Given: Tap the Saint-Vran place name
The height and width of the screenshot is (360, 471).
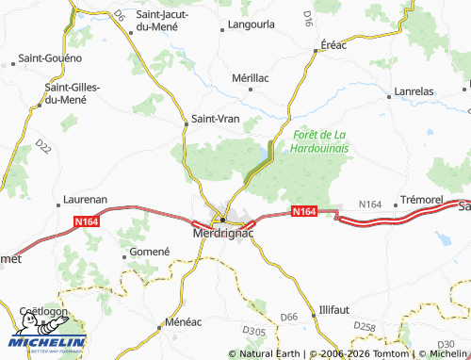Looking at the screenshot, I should [214, 119].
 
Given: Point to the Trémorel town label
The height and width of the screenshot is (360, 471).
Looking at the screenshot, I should [421, 201].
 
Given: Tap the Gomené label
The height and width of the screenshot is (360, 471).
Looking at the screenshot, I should [150, 253].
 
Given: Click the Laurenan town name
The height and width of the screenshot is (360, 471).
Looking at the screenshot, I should [86, 201].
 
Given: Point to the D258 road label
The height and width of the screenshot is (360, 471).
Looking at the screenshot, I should [364, 326].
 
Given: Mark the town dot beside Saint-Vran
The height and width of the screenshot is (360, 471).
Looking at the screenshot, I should [187, 120].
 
